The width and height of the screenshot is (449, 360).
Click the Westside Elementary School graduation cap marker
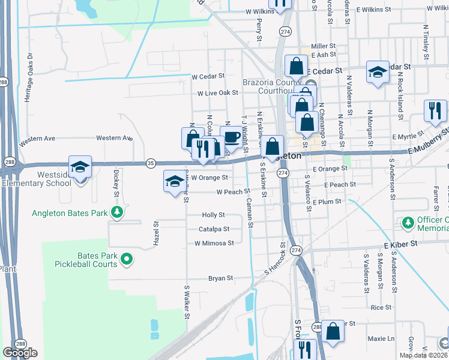79,167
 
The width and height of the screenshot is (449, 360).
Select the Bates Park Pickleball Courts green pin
126,259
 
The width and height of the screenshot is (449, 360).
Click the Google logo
20,353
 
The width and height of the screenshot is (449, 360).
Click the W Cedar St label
208,76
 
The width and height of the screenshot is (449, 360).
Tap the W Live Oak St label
218,93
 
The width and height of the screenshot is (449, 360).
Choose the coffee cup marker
232,137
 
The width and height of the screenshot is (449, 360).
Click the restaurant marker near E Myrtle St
435,110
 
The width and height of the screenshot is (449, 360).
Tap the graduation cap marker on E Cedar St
378,73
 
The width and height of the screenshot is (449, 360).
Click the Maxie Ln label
381,338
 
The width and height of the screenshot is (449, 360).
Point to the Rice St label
381,307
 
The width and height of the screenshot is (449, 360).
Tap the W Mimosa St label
214,243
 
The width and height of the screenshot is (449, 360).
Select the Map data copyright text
424,355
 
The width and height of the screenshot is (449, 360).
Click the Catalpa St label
214,229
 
